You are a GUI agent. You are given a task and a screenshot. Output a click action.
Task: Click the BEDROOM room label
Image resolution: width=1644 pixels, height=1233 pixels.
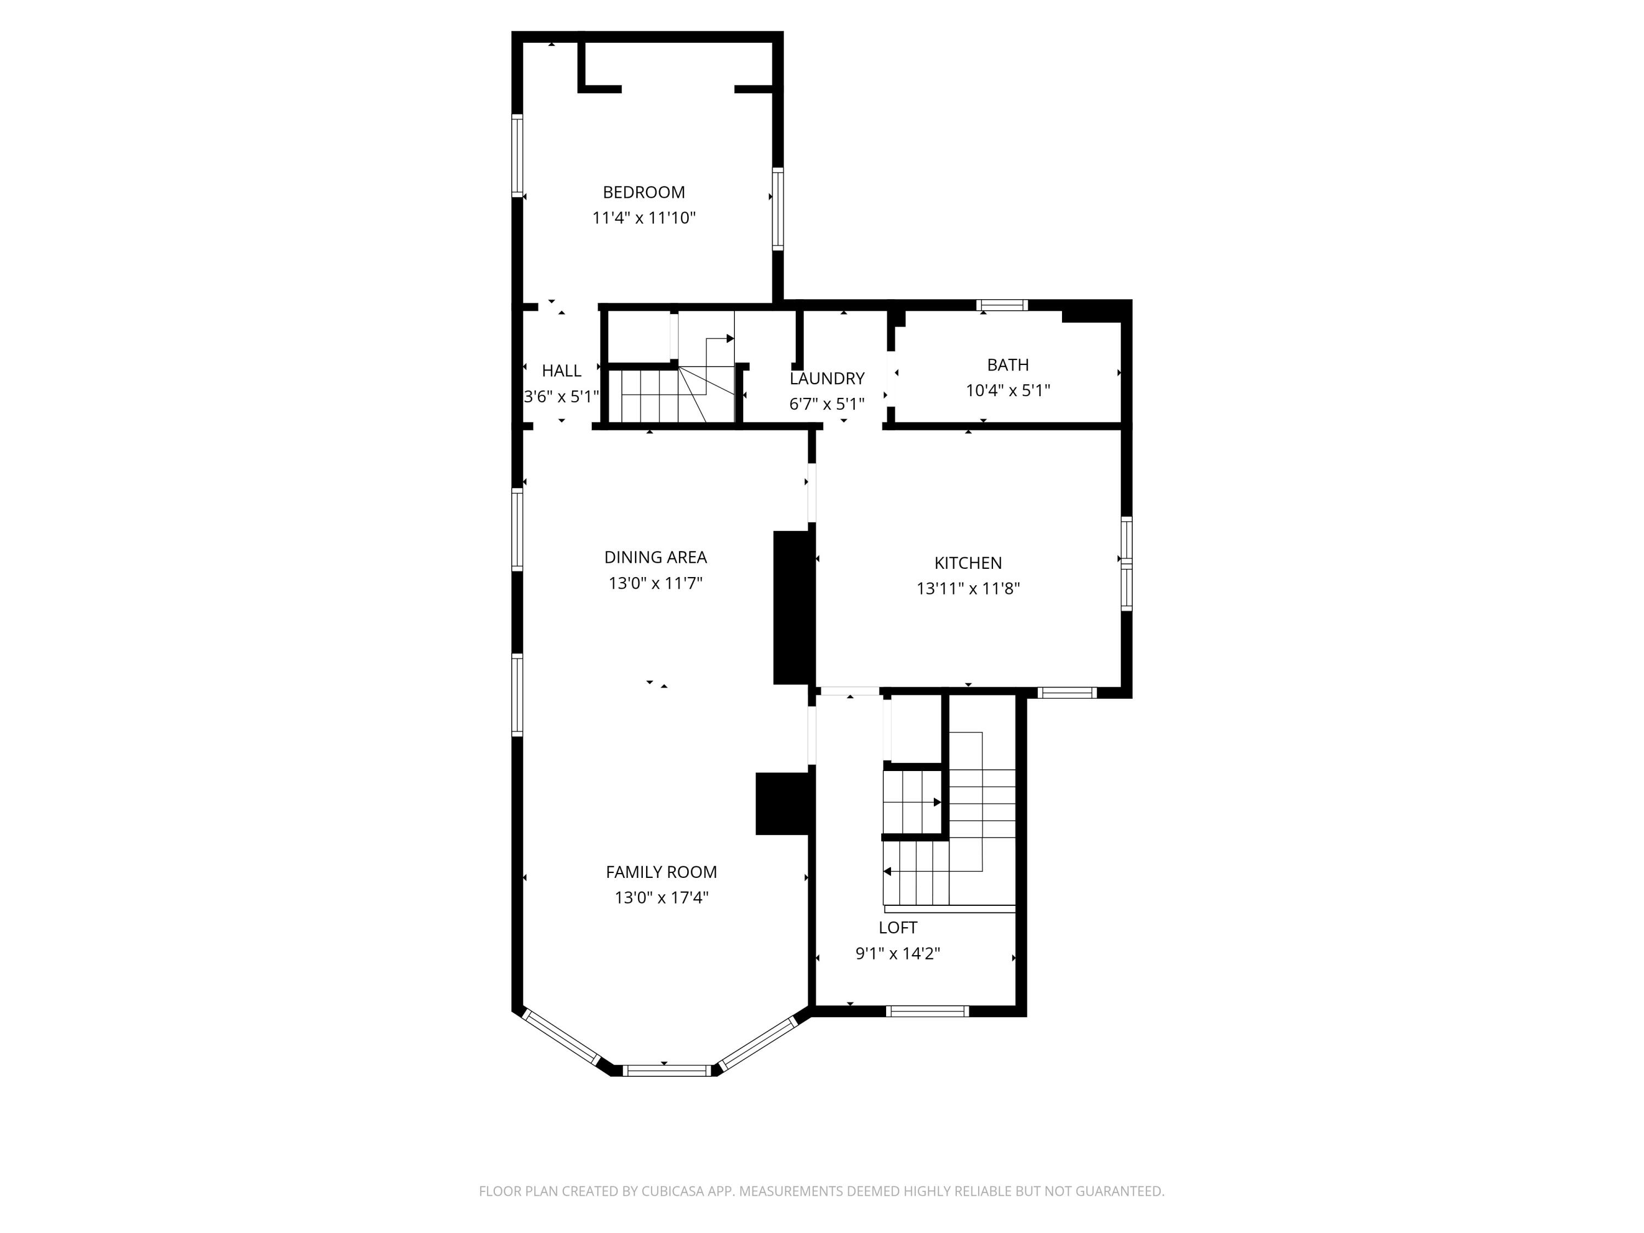pyautogui.click(x=644, y=192)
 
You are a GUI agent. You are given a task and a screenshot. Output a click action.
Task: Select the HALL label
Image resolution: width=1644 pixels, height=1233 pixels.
pyautogui.click(x=561, y=371)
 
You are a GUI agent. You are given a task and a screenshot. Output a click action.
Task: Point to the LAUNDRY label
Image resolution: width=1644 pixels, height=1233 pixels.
pyautogui.click(x=826, y=378)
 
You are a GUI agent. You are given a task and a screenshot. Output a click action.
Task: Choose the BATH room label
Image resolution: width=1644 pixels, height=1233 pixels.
pyautogui.click(x=1007, y=365)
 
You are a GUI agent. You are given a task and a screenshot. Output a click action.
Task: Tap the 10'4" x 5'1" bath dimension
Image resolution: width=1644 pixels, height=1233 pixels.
pyautogui.click(x=1007, y=390)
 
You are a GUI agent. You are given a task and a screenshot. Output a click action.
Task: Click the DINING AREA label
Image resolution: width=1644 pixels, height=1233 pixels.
pyautogui.click(x=655, y=557)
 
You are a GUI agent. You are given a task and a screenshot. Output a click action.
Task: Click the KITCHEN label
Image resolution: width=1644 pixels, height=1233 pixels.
pyautogui.click(x=968, y=563)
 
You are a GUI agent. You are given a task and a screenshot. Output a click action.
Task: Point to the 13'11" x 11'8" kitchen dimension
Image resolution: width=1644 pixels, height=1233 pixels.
pyautogui.click(x=968, y=589)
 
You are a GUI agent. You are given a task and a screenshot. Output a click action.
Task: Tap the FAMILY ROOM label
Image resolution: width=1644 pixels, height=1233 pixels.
pyautogui.click(x=661, y=872)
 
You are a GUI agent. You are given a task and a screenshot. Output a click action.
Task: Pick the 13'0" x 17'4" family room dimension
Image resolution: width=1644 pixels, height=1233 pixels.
pyautogui.click(x=661, y=898)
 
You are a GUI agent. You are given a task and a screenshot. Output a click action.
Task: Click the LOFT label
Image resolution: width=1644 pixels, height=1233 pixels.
pyautogui.click(x=897, y=928)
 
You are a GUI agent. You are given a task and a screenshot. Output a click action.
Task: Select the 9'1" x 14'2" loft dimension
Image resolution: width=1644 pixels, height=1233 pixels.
pyautogui.click(x=897, y=954)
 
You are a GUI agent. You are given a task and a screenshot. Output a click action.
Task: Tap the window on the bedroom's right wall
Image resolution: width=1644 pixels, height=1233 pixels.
pyautogui.click(x=778, y=208)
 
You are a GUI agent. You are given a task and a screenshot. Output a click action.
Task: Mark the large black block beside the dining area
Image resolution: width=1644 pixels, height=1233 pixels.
pyautogui.click(x=791, y=607)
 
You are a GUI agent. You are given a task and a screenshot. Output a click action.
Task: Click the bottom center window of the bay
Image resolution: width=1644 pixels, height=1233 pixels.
pyautogui.click(x=667, y=1070)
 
